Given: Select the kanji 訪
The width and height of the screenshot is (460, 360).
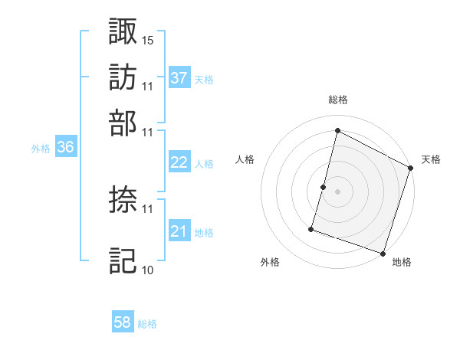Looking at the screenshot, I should tap(123, 77).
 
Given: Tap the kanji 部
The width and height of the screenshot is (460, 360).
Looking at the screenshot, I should tap(123, 123).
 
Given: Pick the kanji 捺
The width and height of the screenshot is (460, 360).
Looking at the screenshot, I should tap(123, 200).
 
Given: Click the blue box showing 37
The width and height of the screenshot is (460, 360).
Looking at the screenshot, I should tap(179, 77).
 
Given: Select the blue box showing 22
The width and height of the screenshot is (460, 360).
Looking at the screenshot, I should tap(179, 162).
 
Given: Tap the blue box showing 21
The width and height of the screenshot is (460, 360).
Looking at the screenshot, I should tap(179, 231).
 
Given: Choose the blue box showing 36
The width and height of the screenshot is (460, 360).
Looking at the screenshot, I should tap(65, 148).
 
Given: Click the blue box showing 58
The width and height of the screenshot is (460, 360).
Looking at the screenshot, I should tap(123, 322).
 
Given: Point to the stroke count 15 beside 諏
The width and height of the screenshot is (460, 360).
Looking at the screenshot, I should tap(148, 39).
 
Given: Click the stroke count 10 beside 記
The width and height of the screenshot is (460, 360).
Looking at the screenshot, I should tap(148, 270).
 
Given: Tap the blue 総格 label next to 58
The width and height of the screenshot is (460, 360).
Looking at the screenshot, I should tap(147, 324).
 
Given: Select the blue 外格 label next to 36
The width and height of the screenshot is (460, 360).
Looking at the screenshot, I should tap(41, 149).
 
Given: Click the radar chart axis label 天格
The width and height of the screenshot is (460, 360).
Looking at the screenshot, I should tap(431, 159).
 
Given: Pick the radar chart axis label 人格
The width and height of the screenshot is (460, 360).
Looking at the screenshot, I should tap(245, 159).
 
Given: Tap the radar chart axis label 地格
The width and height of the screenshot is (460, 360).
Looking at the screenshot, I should tap(402, 262).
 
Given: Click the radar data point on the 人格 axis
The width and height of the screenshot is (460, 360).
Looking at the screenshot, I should tap(324, 187).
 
